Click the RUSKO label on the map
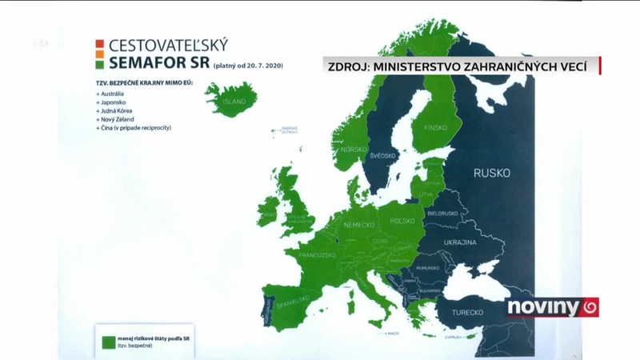point(491,173)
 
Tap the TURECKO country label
point(470,312)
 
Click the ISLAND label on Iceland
point(234,102)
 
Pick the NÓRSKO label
point(353,150)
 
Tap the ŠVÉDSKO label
point(383,156)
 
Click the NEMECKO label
point(358,226)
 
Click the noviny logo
point(552,307)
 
